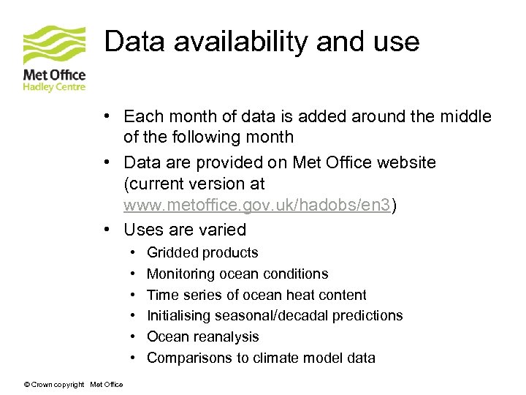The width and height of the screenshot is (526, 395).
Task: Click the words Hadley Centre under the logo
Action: point(54,87)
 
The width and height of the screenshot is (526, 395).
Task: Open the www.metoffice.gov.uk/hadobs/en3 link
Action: point(257,206)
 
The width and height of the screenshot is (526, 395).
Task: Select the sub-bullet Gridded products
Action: point(202,253)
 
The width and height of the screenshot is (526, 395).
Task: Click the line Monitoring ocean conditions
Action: point(237,274)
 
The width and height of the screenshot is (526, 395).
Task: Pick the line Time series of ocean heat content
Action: point(256,296)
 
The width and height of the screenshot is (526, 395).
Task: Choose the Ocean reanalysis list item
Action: point(203,337)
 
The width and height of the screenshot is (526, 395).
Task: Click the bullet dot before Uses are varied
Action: point(107,230)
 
